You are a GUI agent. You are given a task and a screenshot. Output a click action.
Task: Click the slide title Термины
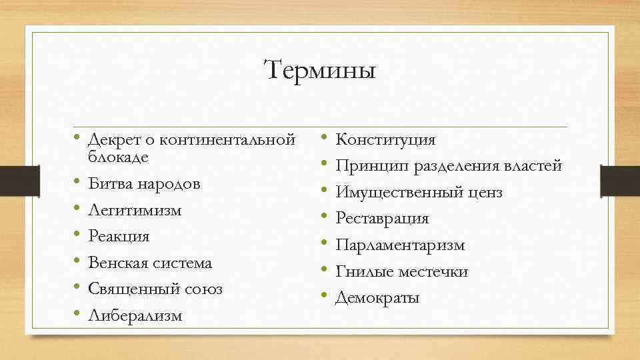[x=320, y=70]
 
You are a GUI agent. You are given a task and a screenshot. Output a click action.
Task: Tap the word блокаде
[x=118, y=157]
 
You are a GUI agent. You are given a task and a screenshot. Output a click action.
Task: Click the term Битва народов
[x=144, y=184]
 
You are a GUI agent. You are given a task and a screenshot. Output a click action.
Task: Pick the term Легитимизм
[x=135, y=210]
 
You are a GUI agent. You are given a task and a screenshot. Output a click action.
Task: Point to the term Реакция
[x=119, y=237]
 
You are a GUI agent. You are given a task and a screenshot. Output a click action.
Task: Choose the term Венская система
[x=150, y=263]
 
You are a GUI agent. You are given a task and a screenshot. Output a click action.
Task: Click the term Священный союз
[x=155, y=289]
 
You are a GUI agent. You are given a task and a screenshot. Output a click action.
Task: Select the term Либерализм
[x=135, y=315]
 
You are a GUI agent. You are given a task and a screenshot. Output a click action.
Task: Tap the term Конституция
[x=385, y=140]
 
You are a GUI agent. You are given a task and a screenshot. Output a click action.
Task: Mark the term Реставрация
[x=382, y=219]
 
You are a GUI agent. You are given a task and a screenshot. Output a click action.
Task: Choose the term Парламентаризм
[x=400, y=245]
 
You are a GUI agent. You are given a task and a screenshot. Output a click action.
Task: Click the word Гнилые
[x=364, y=272]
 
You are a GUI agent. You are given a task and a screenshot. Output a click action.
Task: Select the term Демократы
[x=377, y=298]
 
